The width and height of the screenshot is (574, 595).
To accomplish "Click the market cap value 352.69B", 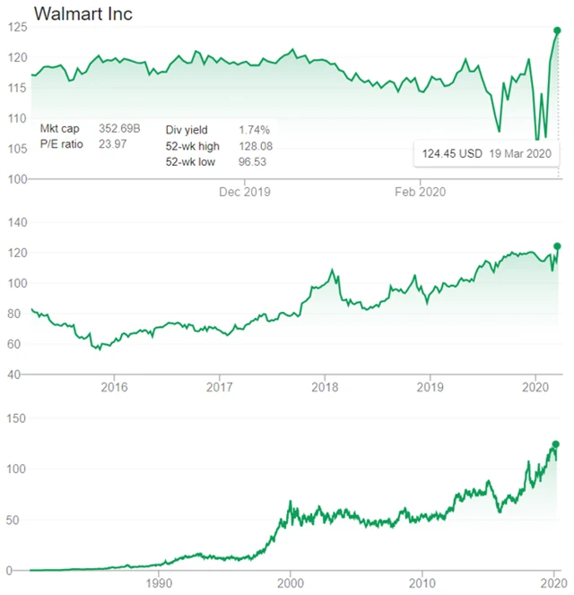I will click(x=118, y=129).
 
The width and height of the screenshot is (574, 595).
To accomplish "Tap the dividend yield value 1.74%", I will click(x=254, y=129).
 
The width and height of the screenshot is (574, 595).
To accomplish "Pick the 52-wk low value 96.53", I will click(x=253, y=161).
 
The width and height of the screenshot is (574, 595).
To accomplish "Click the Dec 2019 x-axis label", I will click(x=245, y=192).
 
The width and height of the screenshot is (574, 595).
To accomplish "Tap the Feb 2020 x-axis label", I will click(x=421, y=192).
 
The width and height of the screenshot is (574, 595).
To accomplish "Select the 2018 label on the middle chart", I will click(x=325, y=387).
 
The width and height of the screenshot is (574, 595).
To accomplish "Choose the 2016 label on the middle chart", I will click(x=114, y=387).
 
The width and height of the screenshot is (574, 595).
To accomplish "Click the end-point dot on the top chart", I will click(x=557, y=31).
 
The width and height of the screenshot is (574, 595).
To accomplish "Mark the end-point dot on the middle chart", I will click(x=557, y=246).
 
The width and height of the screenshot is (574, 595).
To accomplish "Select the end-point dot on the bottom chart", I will click(x=556, y=444).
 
